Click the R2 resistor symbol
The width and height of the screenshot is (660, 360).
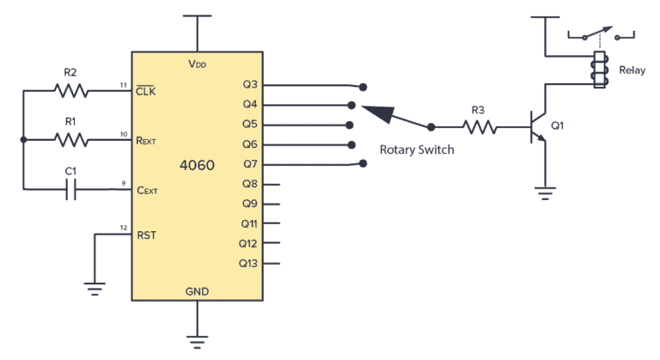(70, 89)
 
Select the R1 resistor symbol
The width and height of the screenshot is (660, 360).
(70, 139)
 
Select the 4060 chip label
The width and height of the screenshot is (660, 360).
(198, 163)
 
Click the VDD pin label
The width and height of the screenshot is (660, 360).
(198, 64)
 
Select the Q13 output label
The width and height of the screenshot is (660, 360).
(248, 264)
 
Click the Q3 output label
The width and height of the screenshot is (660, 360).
(250, 85)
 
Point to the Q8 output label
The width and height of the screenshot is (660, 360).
(250, 184)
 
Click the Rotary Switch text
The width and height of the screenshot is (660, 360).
(417, 149)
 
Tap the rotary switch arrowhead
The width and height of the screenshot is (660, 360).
(376, 113)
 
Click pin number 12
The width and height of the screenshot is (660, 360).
(124, 229)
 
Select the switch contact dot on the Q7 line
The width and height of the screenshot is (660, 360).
(351, 165)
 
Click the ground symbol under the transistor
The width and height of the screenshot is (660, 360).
(542, 191)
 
